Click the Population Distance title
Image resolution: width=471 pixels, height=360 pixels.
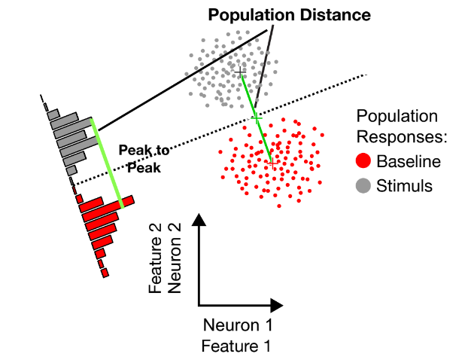289,15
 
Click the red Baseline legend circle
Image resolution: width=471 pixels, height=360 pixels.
363,160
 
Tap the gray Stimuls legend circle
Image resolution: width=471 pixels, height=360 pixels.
363,185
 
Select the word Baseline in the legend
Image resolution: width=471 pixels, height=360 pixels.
409,161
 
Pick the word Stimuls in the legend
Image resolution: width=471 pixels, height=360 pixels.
404,185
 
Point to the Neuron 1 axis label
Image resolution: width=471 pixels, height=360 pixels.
238,325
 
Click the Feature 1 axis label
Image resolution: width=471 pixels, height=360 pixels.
236,346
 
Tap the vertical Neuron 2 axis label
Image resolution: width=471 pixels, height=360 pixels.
175,258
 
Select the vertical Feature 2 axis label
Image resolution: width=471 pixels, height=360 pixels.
155,258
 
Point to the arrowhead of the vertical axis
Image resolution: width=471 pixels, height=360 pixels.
199,220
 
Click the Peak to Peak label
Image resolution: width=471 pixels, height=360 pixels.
144,159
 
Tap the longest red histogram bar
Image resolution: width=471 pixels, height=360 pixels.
107,204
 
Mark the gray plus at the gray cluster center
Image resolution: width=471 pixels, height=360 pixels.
240,72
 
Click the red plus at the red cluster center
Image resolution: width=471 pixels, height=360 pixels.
273,164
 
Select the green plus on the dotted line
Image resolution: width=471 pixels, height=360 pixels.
257,118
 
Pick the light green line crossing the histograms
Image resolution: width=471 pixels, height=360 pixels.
108,163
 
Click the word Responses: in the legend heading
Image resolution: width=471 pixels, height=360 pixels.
402,137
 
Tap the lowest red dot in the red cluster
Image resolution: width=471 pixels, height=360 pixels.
279,206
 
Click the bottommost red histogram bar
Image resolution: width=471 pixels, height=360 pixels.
105,273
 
